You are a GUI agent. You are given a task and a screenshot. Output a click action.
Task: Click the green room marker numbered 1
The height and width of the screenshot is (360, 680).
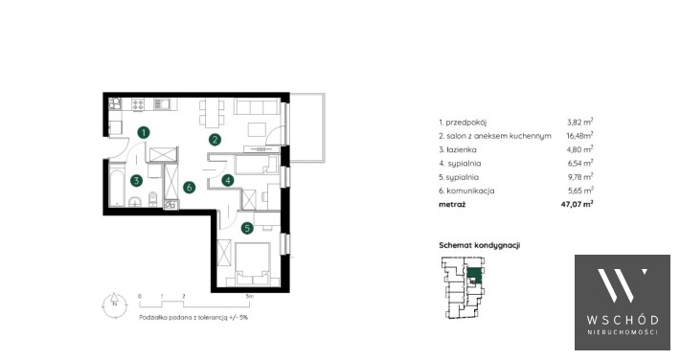tap(144, 132)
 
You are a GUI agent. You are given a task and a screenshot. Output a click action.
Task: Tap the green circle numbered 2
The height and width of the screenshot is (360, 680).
tap(215, 139)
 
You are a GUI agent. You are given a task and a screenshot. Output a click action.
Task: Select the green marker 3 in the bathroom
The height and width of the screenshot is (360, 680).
tap(137, 180)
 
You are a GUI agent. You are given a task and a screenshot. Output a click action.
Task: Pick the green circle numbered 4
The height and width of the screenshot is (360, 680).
tap(228, 180)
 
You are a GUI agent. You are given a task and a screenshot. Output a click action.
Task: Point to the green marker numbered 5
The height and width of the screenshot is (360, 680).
tap(247, 228)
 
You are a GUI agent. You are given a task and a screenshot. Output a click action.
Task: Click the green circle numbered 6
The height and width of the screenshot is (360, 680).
tap(189, 188)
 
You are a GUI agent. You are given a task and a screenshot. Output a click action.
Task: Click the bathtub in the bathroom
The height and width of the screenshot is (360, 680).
tap(117, 185)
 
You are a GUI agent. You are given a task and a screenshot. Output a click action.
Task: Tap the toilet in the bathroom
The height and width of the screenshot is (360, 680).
tap(152, 199)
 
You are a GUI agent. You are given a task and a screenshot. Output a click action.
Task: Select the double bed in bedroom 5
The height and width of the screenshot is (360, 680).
tap(253, 263)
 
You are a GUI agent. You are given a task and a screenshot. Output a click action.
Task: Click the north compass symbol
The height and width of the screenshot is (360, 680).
tap(115, 304)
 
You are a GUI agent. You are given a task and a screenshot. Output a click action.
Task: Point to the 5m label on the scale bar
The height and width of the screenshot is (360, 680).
tap(249, 296)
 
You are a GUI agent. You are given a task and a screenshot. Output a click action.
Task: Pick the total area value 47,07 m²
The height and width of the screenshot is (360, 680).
tap(577, 204)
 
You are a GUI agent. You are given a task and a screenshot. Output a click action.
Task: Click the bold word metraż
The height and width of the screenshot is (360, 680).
tap(452, 204)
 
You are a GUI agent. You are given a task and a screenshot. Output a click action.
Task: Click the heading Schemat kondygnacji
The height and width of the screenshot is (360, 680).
tap(479, 245)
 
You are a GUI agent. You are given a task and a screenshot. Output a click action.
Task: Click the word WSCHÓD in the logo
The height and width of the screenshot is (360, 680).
tap(623, 320)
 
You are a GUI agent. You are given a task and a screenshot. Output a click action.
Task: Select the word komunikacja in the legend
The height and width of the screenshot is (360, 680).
tap(470, 191)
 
